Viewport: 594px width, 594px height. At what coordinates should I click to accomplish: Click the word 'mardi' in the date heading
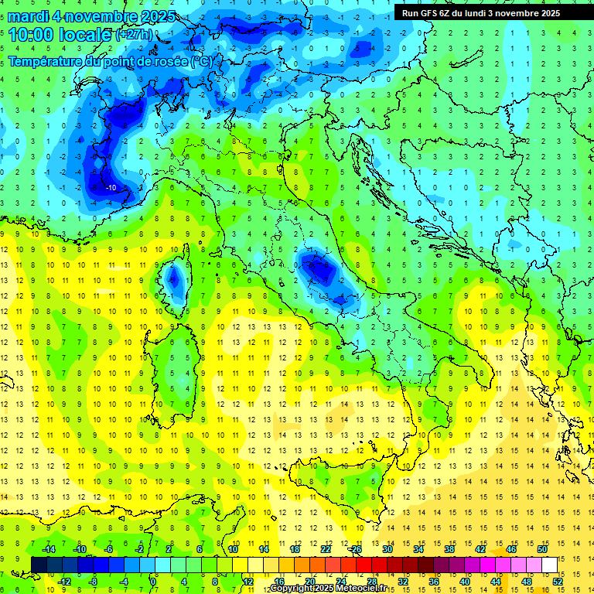click(x=28, y=16)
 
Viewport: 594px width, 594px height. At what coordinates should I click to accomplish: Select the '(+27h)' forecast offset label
click(x=133, y=35)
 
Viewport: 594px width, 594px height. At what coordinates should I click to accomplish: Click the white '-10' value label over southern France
click(x=111, y=188)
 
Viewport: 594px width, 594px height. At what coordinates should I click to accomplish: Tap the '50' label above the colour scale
click(x=541, y=548)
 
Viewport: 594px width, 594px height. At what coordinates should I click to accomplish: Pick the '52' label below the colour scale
click(x=558, y=582)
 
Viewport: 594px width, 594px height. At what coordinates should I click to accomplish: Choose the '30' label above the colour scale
click(x=387, y=548)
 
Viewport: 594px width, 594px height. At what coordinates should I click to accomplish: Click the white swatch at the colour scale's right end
click(x=549, y=565)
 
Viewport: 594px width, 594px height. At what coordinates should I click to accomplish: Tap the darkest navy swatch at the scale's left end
click(x=39, y=565)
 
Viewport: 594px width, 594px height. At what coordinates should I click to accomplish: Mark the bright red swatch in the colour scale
click(x=364, y=565)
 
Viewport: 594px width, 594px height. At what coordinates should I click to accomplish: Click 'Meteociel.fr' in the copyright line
click(x=359, y=589)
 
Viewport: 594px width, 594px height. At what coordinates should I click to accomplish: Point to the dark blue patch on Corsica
click(x=175, y=276)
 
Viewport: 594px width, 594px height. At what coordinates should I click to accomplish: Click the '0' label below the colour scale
click(x=155, y=582)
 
